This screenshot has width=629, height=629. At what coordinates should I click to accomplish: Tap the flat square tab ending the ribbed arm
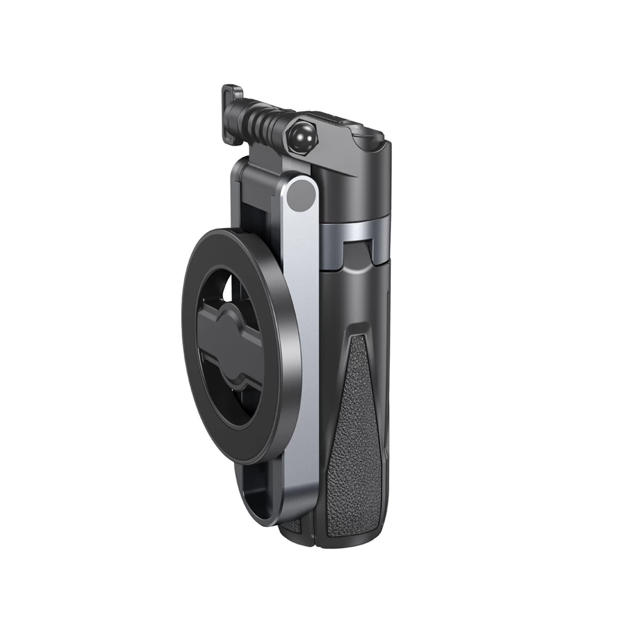[x=232, y=96]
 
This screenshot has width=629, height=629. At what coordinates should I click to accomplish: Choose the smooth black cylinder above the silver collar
[x=362, y=184]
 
